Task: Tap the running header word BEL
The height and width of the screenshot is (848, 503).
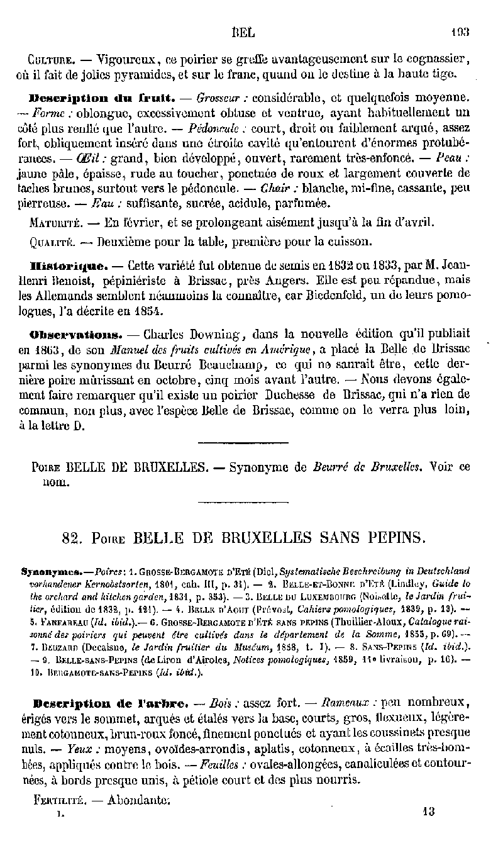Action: pyautogui.click(x=242, y=30)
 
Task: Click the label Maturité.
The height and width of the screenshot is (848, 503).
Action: pyautogui.click(x=53, y=223)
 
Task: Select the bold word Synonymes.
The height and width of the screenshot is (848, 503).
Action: pyautogui.click(x=53, y=572)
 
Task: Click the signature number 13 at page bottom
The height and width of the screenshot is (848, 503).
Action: pyautogui.click(x=429, y=812)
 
